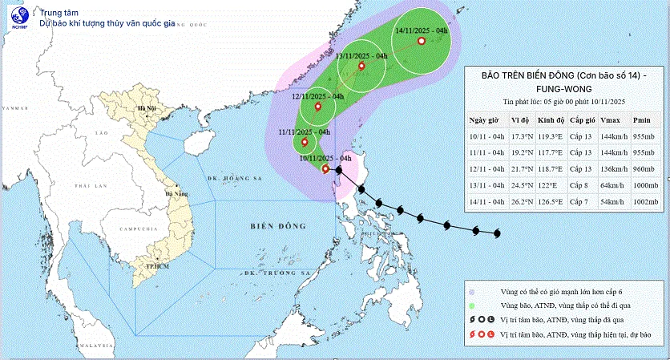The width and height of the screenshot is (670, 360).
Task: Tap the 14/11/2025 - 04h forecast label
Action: pyautogui.click(x=423, y=31)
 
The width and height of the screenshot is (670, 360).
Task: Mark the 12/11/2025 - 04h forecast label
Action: pyautogui.click(x=317, y=96)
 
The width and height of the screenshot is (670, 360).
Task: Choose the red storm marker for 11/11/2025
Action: pyautogui.click(x=305, y=143)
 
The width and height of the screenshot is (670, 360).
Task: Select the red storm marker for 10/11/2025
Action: pyautogui.click(x=325, y=168)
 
